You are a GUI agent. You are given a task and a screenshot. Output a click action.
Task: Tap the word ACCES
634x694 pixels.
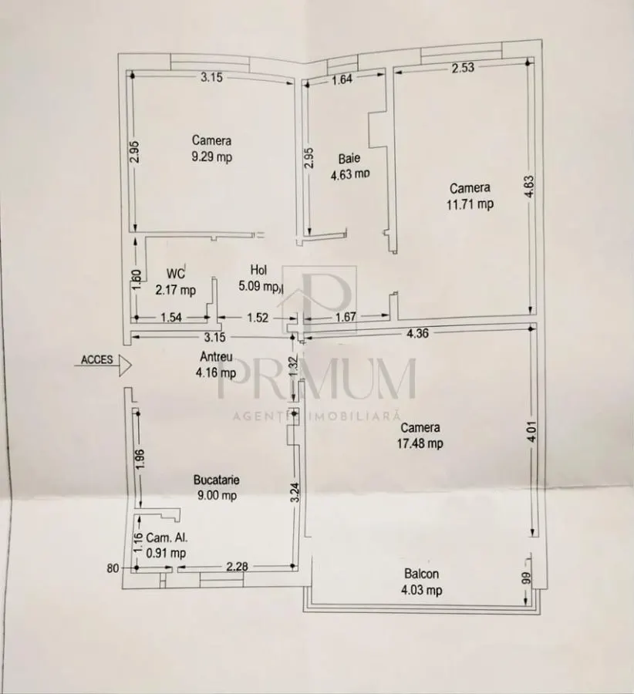pos(96,360)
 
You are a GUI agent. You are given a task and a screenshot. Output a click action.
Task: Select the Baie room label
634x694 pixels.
pos(349,158)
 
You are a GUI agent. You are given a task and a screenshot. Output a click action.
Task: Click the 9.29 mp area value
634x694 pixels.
pos(211,157)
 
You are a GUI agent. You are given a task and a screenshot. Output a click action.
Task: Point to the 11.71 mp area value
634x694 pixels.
pos(470,204)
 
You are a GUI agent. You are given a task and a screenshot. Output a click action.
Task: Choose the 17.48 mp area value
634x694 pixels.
pos(420,443)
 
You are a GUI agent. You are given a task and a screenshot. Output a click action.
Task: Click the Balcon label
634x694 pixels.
pos(421,574)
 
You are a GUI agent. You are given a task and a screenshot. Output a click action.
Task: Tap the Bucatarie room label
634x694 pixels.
pos(217,480)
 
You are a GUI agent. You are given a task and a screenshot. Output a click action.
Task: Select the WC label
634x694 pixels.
pos(175,274)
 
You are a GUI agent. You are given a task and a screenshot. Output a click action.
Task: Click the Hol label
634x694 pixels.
pos(258,270)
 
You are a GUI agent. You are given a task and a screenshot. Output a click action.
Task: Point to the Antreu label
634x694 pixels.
pos(216,356)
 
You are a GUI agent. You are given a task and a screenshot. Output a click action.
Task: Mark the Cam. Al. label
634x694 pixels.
pos(167,537)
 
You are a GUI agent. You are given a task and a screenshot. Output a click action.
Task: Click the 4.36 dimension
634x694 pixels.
pos(417,333)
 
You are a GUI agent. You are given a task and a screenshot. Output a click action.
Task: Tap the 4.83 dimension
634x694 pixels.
pos(530,187)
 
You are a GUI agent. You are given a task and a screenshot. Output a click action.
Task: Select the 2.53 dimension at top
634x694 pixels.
pos(463,68)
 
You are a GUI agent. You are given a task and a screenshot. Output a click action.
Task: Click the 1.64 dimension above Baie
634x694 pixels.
pos(342,79)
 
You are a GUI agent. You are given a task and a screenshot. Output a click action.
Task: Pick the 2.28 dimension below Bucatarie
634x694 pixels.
pos(237,566)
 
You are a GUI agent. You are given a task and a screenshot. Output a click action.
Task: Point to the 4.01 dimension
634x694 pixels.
pos(532,432)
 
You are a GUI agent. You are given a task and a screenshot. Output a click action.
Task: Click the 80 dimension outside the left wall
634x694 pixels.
pos(113,568)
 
